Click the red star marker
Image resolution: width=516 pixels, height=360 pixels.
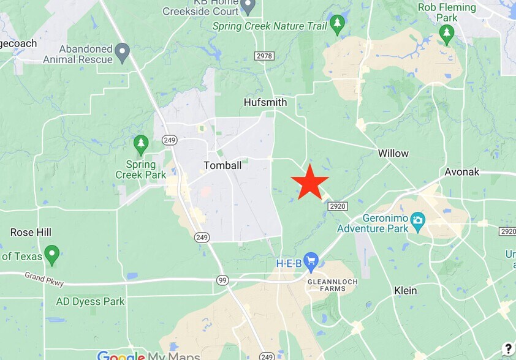click(x=309, y=182)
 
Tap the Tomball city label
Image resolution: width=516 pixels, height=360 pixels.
click(x=222, y=165)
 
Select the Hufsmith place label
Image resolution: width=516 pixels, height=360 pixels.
click(x=265, y=102)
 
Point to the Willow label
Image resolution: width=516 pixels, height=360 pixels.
click(x=393, y=153)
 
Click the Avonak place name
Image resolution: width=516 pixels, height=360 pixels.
click(x=462, y=172)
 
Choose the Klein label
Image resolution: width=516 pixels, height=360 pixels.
click(x=405, y=291)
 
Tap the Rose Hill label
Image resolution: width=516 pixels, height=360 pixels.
click(x=31, y=233)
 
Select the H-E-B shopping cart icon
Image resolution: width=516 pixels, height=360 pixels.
click(x=311, y=261)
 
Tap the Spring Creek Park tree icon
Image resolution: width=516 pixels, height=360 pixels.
click(x=141, y=144)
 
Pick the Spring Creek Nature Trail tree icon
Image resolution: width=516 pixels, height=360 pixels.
click(x=336, y=25)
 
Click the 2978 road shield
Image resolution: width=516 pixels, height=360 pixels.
click(x=264, y=56)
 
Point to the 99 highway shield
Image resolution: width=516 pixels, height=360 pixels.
click(x=222, y=280)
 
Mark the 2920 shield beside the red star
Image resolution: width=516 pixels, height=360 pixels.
click(x=338, y=206)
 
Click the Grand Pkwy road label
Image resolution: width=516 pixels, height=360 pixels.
click(x=45, y=279)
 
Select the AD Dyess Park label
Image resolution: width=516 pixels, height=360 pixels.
click(x=90, y=301)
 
